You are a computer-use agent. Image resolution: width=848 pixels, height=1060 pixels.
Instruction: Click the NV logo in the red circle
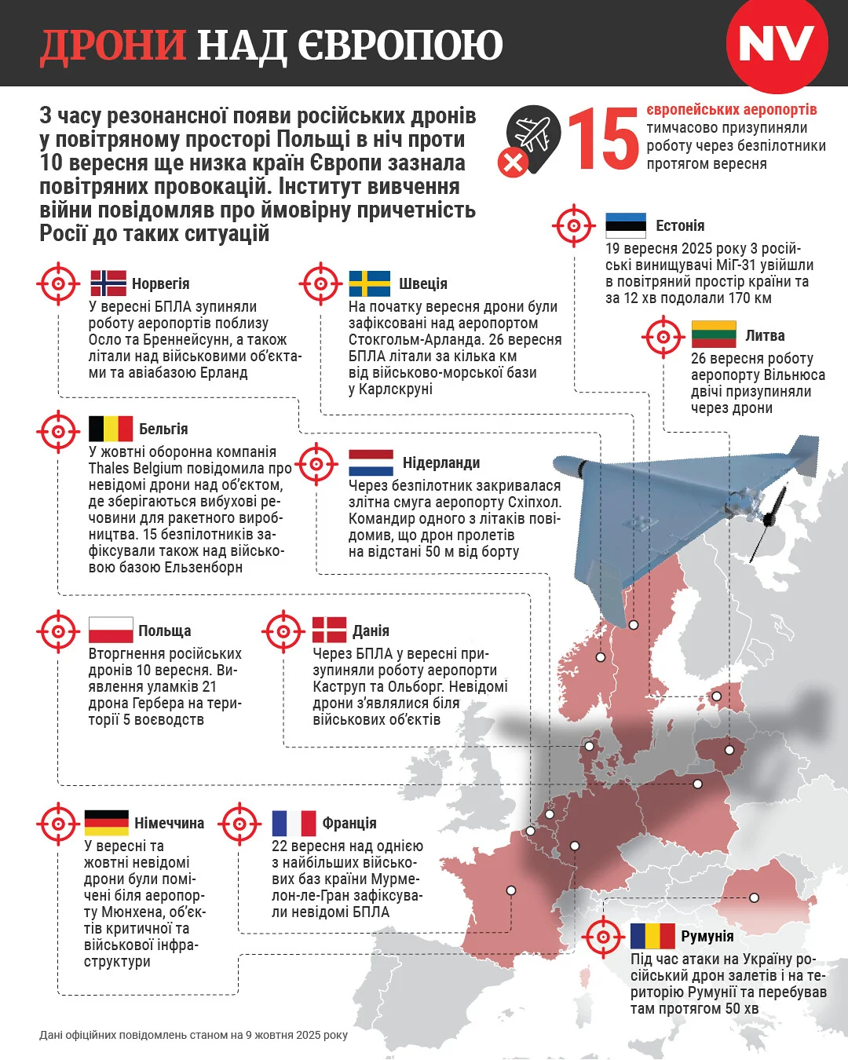pos(776,44)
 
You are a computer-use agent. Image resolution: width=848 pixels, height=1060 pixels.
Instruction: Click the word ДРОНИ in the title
pos(113,46)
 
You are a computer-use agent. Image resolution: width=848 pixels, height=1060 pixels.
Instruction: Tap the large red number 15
pos(603,140)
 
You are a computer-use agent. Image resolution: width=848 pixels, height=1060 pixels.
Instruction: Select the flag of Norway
pos(108,283)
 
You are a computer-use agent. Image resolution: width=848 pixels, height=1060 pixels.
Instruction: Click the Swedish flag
pos(369,283)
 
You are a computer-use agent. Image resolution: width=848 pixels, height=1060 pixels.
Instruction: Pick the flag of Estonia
pos(626,225)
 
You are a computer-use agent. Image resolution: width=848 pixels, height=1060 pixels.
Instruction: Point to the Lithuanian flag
pos(713,335)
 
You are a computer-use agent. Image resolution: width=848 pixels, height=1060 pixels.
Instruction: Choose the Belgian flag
pos(111,429)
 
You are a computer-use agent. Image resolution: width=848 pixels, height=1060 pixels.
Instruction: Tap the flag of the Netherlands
pos(371,462)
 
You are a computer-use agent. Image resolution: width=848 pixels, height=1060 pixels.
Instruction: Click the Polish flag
pos(111,631)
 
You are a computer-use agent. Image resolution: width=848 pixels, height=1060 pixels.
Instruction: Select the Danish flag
pos(329,631)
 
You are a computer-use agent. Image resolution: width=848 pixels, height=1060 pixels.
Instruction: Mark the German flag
pos(106,823)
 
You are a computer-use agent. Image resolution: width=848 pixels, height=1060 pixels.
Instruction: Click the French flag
pos(294,823)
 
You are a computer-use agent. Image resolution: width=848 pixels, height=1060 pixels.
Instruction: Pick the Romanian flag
pos(652,936)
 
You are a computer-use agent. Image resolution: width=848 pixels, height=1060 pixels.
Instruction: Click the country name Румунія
pos(707,936)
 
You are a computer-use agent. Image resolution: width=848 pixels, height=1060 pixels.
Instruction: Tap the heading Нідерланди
pos(440,462)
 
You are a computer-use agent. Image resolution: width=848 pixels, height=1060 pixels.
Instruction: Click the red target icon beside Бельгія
pos(58,430)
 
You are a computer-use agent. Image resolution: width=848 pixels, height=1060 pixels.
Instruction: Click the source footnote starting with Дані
pos(193,1035)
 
